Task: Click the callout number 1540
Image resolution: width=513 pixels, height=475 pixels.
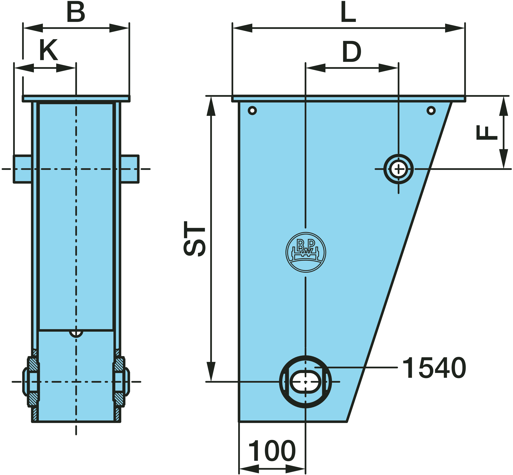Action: pos(434,368)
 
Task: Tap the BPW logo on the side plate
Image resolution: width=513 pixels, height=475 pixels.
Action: pos(306,252)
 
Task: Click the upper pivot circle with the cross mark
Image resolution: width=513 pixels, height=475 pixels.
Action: pos(398,169)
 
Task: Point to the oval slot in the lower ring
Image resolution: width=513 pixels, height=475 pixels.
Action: pos(305,382)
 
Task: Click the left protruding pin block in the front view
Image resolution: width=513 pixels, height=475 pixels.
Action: pos(23,169)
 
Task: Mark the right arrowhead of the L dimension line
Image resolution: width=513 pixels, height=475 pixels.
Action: pos(455,28)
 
